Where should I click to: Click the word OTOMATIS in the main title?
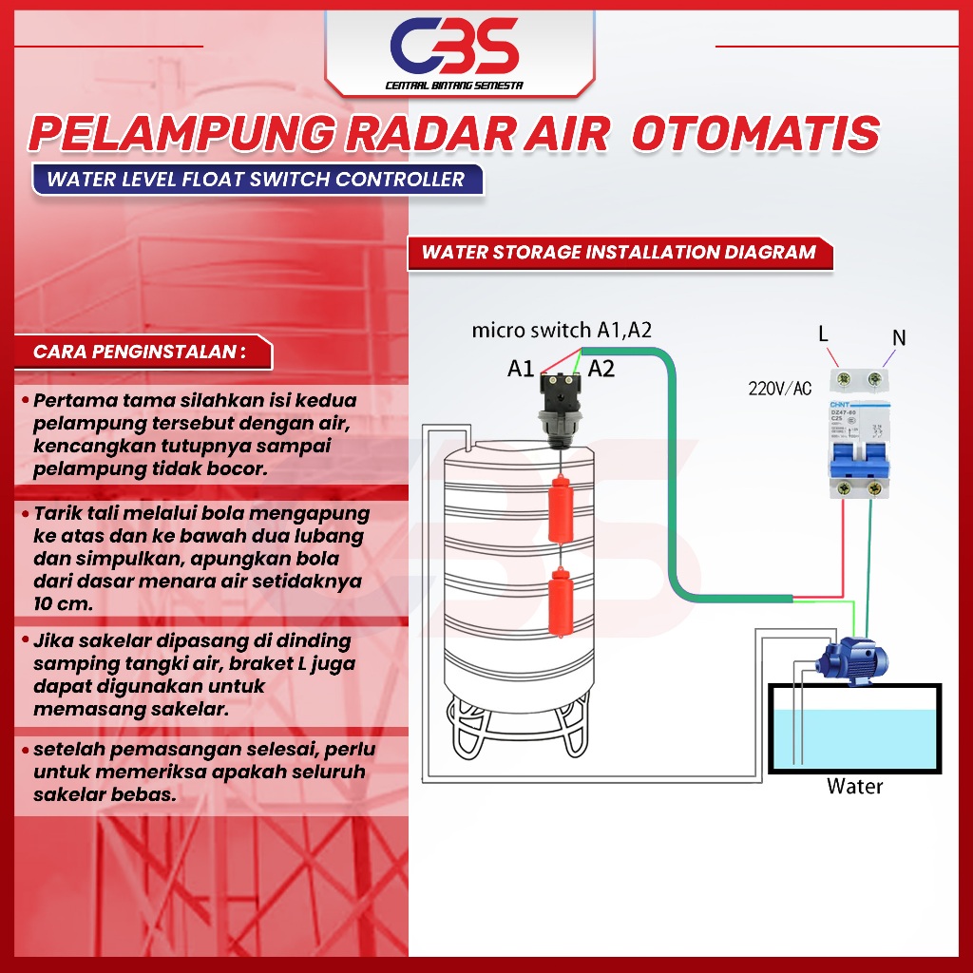755,133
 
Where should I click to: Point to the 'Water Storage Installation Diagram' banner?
619,253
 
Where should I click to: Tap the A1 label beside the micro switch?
521,370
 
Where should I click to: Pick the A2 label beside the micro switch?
601,369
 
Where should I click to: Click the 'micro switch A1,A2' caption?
562,331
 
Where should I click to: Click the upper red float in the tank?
561,509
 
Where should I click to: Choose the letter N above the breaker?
898,336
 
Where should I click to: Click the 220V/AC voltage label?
780,388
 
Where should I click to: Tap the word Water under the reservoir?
854,787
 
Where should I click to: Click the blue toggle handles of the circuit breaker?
857,463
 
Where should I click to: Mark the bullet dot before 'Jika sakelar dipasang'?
25,641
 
